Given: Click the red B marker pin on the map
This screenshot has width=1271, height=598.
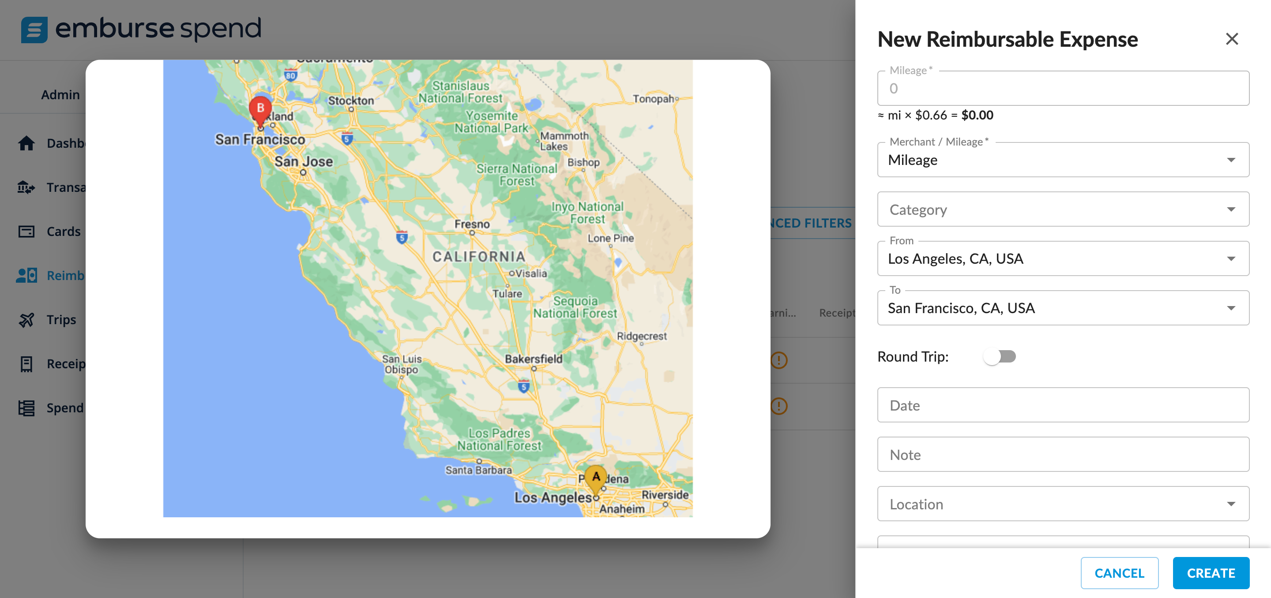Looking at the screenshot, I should pos(260,109).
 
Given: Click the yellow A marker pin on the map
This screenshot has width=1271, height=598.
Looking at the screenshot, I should pos(595,478).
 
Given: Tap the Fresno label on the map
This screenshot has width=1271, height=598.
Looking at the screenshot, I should pos(472,224).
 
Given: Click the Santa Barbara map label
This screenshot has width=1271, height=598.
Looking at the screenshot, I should pos(478,470).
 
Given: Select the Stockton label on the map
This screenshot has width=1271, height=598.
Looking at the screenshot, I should pos(351,101).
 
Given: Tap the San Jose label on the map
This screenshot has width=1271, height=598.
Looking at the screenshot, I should pos(304,161).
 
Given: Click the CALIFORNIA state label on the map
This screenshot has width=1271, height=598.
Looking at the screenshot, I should pos(478,256).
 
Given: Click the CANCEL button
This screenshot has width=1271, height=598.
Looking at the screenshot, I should pos(1119,573).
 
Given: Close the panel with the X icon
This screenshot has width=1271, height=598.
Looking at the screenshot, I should pos(1232,39).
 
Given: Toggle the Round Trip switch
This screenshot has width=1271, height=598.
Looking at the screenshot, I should pos(999,356).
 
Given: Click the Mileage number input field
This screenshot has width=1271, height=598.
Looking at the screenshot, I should pos(1063,89).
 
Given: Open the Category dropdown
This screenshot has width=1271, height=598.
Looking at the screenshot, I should pos(1063,209).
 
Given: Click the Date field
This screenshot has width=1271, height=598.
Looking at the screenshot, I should pos(1063,405).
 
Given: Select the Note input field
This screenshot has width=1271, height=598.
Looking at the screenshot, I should pos(1063,455).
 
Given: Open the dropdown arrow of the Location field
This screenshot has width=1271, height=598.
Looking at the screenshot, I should pos(1230,504).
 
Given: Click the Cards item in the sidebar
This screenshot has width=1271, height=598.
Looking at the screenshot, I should pos(63,231).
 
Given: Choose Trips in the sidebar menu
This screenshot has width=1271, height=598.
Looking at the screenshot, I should pos(61,319).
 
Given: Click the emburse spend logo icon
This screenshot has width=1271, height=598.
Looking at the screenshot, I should pos(34,30).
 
